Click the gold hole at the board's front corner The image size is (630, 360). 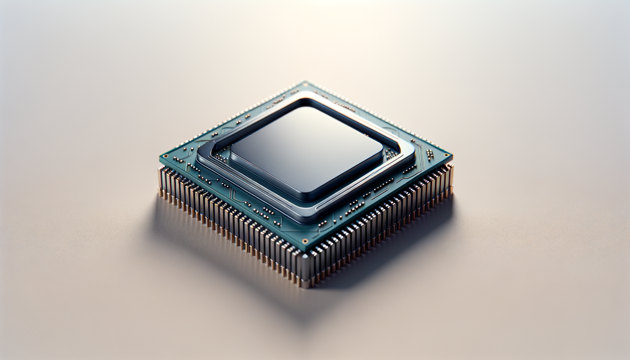point(304,241)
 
